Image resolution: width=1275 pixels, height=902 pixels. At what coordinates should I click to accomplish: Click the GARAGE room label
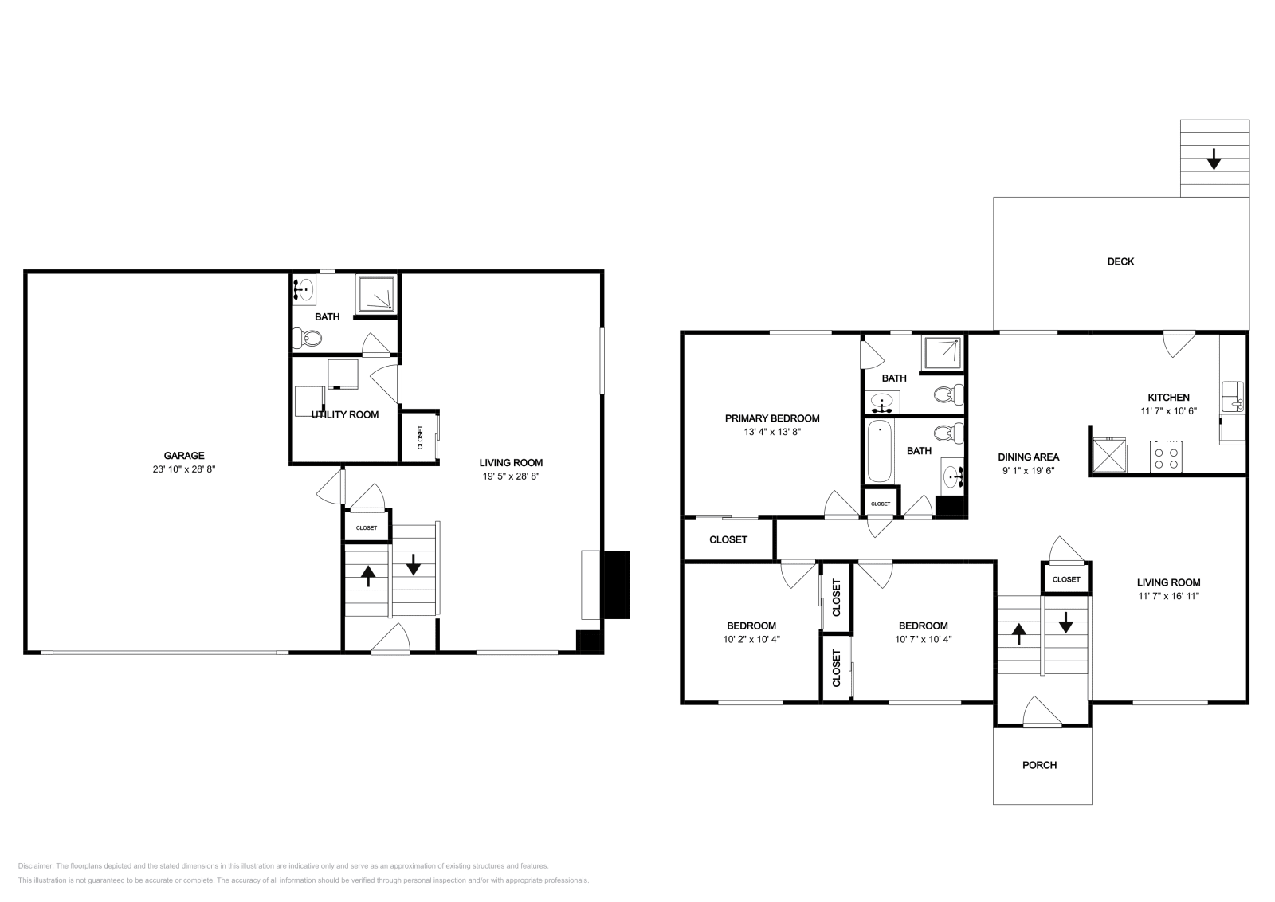(184, 456)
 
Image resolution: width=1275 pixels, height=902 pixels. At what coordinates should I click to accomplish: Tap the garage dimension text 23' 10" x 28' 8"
(184, 469)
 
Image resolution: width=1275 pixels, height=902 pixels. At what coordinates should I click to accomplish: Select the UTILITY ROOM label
(345, 414)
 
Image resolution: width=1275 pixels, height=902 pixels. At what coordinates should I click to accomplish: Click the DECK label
(1120, 261)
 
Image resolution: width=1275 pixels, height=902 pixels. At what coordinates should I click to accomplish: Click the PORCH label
(1039, 765)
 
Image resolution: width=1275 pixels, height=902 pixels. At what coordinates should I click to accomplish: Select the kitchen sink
(1233, 395)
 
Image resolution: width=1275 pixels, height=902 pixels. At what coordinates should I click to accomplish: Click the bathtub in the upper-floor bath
(879, 451)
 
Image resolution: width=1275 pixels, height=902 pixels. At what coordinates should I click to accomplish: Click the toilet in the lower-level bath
(308, 340)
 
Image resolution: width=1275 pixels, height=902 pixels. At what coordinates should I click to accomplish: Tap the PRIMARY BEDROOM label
(771, 418)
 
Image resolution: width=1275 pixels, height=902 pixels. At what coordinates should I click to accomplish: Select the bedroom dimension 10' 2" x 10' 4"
(751, 639)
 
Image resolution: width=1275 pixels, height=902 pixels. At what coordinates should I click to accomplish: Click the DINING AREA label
(1028, 457)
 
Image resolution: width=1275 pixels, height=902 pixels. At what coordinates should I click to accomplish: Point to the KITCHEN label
(1168, 398)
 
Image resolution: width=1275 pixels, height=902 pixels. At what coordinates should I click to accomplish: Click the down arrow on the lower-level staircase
(414, 565)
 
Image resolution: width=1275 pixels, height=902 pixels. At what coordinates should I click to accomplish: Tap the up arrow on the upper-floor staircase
(1018, 633)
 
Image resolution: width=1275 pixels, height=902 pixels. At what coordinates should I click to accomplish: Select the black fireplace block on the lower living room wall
(615, 585)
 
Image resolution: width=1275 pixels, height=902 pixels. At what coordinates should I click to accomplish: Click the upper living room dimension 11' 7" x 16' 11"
(1168, 596)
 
